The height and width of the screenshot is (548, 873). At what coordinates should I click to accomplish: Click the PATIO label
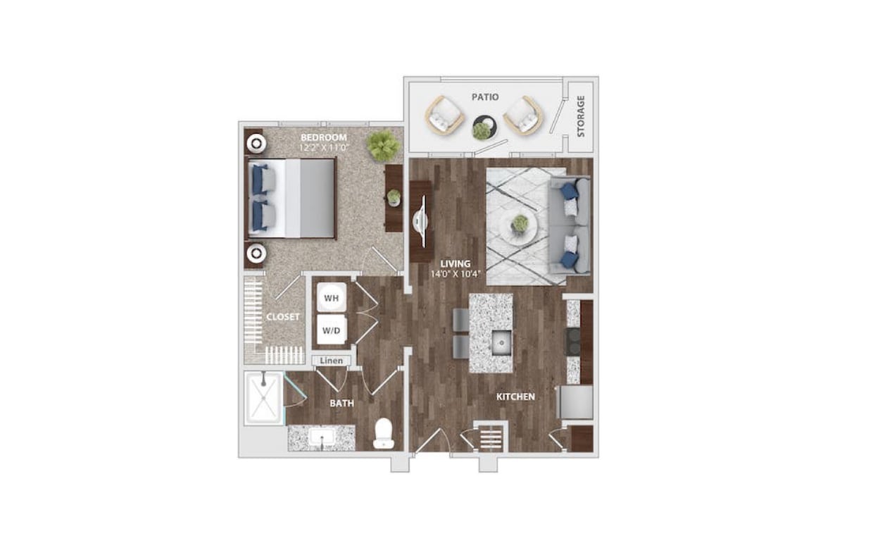(486, 96)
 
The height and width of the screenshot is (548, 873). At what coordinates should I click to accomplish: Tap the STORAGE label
(581, 117)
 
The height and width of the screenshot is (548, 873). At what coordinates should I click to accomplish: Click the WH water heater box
(331, 299)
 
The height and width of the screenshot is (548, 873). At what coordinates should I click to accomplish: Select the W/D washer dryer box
(331, 329)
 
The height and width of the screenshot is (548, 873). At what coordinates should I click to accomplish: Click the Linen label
(331, 361)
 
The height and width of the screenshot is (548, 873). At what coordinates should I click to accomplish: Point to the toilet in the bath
(384, 433)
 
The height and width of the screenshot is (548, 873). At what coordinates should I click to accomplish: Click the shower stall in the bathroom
(263, 399)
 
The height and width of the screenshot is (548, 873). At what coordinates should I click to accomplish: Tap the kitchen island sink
(501, 343)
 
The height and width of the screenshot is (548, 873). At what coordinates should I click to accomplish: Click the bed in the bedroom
(292, 198)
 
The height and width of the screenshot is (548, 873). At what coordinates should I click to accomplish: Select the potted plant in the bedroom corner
(382, 144)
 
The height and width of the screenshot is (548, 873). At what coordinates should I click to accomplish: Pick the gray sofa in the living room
(570, 225)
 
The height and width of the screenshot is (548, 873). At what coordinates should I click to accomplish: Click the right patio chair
(524, 116)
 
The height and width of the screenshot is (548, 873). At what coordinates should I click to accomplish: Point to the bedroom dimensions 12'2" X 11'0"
(324, 149)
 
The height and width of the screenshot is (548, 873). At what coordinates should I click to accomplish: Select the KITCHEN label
(515, 397)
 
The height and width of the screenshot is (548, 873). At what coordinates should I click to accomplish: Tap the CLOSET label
(283, 317)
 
